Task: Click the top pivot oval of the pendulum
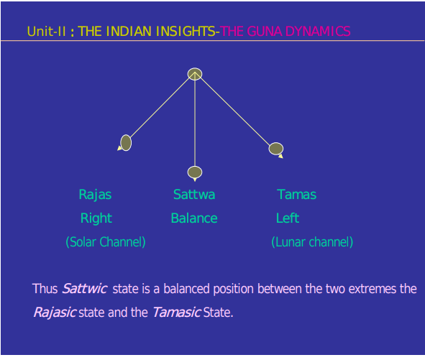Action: point(195,74)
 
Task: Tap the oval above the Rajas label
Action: point(126,143)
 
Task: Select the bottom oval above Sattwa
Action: point(195,172)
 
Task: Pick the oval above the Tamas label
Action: point(276,149)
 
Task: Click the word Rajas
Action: point(95,195)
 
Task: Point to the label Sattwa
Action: point(194,195)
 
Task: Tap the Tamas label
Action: point(296,195)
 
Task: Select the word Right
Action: point(96,218)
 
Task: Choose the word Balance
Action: point(194,218)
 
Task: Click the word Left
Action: point(288,218)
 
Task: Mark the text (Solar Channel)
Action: point(106,242)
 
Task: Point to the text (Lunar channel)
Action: point(312,242)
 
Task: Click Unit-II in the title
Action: point(46,31)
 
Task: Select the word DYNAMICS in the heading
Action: point(318,31)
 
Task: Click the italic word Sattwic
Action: point(85,288)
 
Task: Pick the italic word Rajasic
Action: point(55,313)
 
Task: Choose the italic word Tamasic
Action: point(177,313)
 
